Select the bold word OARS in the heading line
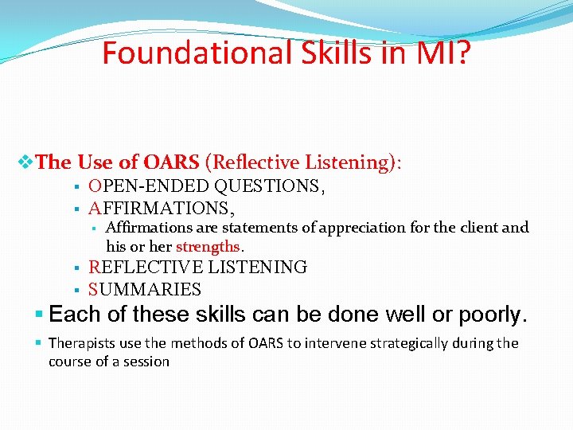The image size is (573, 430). [171, 163]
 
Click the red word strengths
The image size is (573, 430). [208, 246]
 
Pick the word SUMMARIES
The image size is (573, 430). [145, 290]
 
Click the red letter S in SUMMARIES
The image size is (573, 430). [93, 290]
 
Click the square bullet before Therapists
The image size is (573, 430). [40, 343]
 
